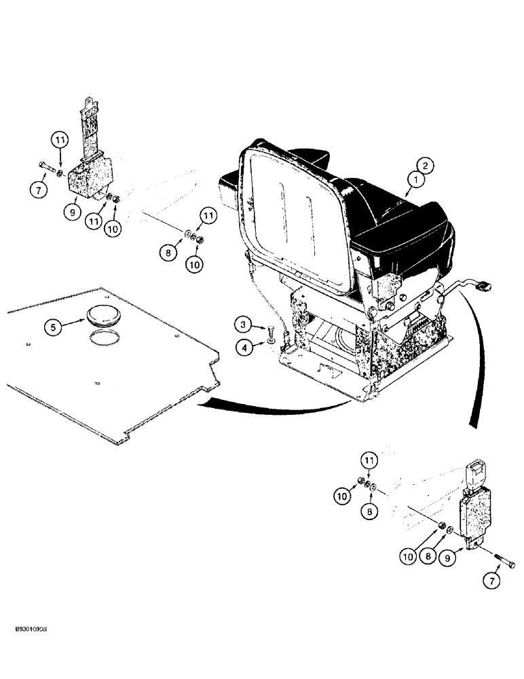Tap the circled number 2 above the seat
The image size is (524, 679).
[423, 164]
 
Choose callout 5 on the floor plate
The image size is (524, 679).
[57, 327]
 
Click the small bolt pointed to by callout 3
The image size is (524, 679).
[272, 331]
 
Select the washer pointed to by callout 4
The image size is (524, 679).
[271, 341]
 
